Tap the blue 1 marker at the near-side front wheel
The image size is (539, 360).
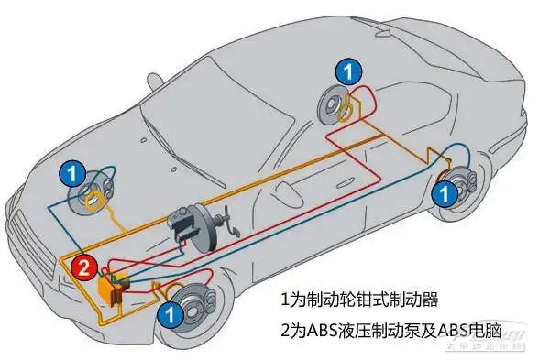tap(169, 314)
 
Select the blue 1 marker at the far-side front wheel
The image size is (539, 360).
tap(73, 171)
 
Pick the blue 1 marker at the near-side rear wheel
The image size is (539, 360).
tap(443, 192)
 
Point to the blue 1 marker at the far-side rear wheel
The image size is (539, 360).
tap(346, 70)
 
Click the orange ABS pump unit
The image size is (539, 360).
tap(111, 288)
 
